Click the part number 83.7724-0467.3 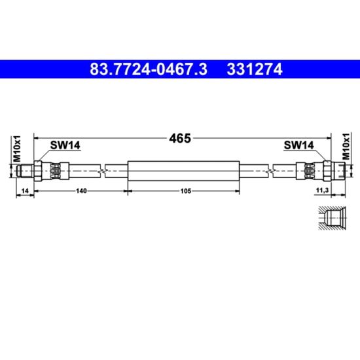pos(149,69)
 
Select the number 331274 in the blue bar pos(255,69)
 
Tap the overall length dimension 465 pos(180,138)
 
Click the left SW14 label pos(65,145)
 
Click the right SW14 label pos(298,145)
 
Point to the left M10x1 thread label pos(17,149)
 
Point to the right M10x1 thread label pos(346,146)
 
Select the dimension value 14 pos(25,190)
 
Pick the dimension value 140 pos(81,190)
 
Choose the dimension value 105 pos(186,190)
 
